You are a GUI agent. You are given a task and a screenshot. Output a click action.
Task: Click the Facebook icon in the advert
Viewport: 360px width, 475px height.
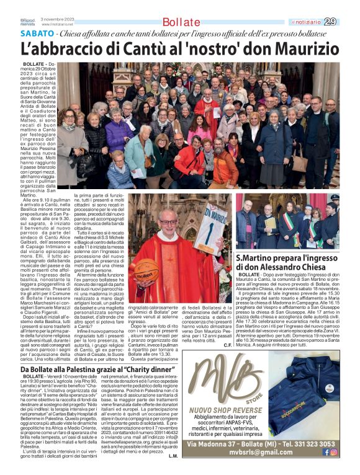click(x=326, y=453)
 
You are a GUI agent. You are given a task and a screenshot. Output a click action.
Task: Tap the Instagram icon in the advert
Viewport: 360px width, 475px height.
click(x=334, y=453)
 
